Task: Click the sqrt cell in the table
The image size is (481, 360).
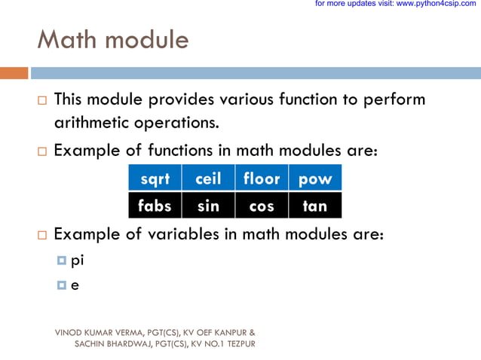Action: [x=155, y=178]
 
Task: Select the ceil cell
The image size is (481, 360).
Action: [x=208, y=178]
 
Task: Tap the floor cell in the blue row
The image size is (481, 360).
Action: [x=262, y=178]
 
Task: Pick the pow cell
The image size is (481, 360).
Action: [x=315, y=178]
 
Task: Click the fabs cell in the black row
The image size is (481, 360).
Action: [x=155, y=205]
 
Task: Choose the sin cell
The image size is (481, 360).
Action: [x=208, y=205]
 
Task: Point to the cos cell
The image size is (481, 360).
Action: [x=262, y=205]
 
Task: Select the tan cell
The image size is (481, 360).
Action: [x=315, y=205]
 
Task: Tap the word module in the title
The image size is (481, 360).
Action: [x=146, y=39]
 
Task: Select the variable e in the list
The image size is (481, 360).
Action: [x=75, y=285]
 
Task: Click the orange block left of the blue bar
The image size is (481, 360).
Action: [x=14, y=73]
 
